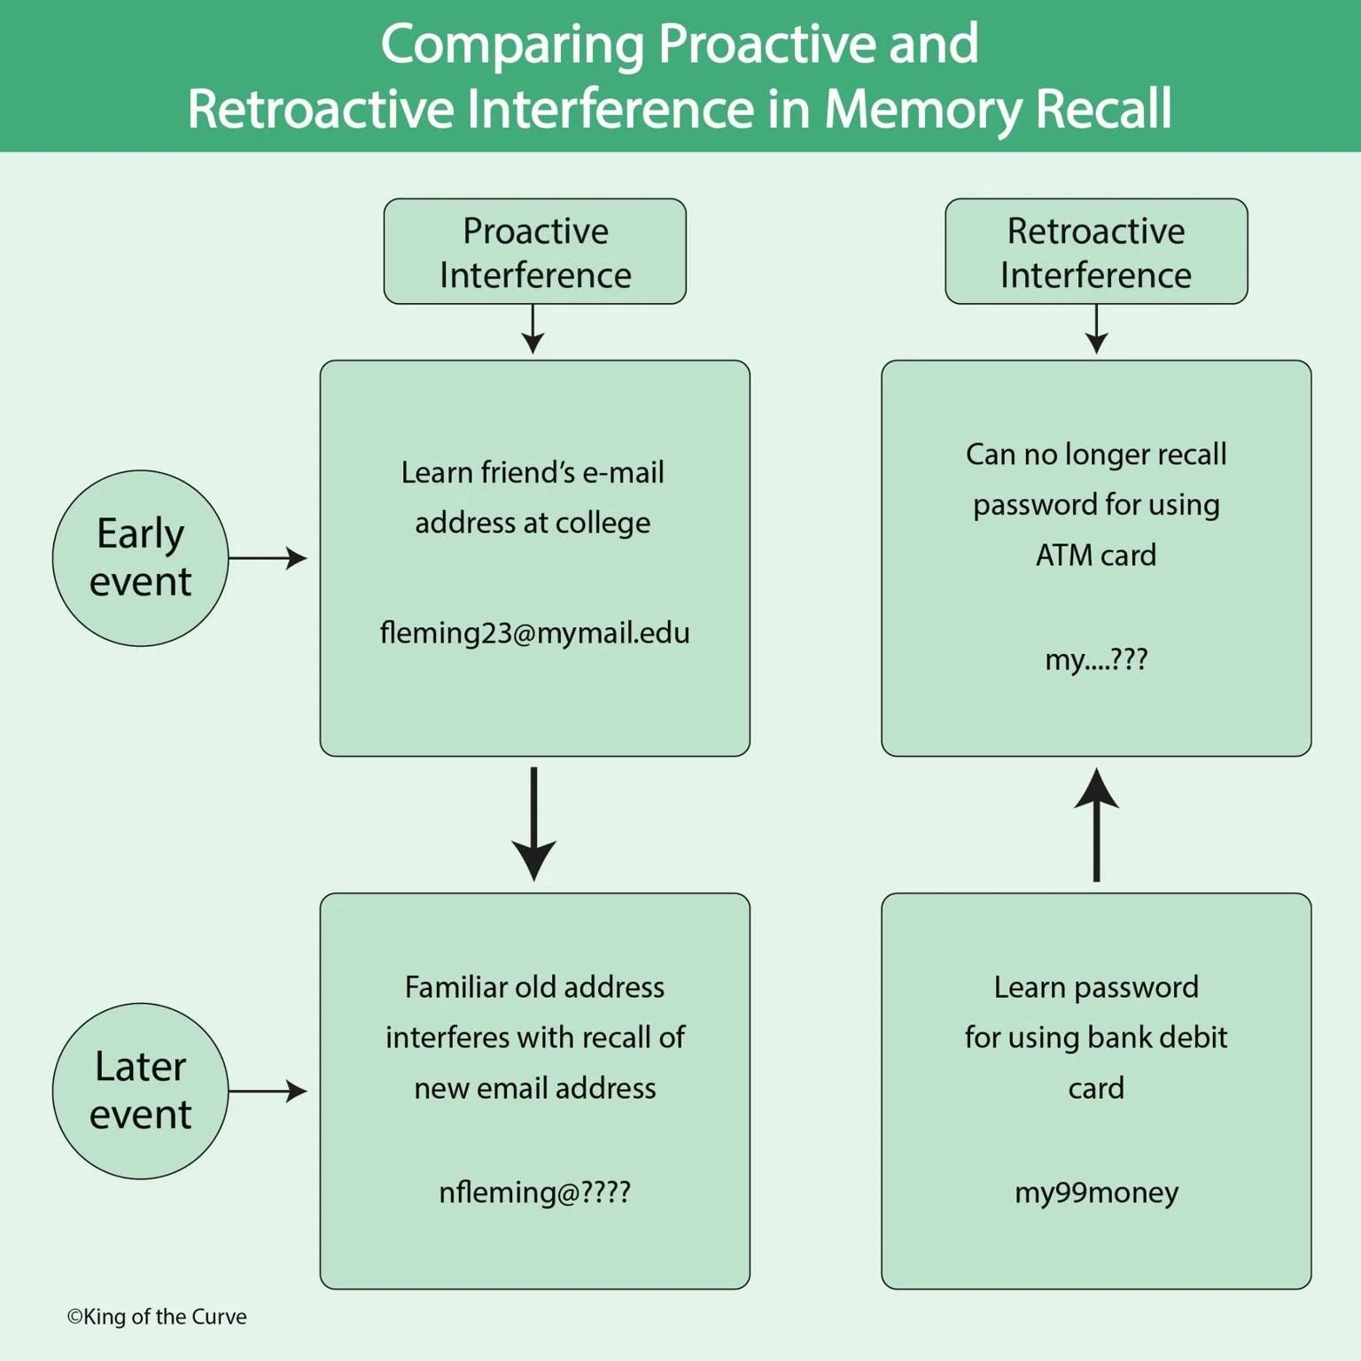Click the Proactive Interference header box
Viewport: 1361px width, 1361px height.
pyautogui.click(x=534, y=252)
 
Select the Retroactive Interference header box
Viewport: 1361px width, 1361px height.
pyautogui.click(x=1096, y=252)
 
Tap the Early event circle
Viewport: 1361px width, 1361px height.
pyautogui.click(x=140, y=558)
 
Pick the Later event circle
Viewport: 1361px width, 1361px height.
pyautogui.click(x=140, y=1091)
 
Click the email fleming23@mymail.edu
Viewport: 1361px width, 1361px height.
pyautogui.click(x=534, y=633)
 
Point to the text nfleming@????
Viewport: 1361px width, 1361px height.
pyautogui.click(x=534, y=1192)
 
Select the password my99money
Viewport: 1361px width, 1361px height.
pyautogui.click(x=1096, y=1192)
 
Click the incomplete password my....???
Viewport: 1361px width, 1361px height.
pyautogui.click(x=1096, y=659)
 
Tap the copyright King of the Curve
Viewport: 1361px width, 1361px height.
pyautogui.click(x=157, y=1317)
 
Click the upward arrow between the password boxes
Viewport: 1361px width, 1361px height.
pyautogui.click(x=1096, y=824)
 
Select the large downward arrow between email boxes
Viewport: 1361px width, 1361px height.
pyautogui.click(x=534, y=824)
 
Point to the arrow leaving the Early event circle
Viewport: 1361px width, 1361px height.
pyautogui.click(x=268, y=558)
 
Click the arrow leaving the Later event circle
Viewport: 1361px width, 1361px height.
pyautogui.click(x=268, y=1091)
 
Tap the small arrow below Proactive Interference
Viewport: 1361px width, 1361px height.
pyautogui.click(x=533, y=330)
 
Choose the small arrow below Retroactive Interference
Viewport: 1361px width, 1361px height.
pyautogui.click(x=1096, y=330)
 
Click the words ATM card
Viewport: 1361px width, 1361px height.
pyautogui.click(x=1096, y=555)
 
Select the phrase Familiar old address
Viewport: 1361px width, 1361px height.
pyautogui.click(x=534, y=987)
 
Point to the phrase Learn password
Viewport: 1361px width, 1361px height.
pyautogui.click(x=1096, y=987)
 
